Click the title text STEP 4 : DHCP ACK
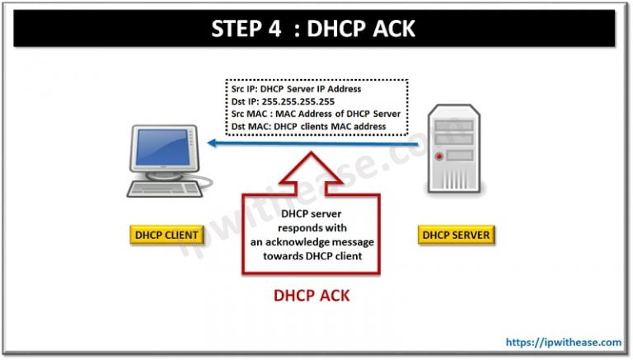click(x=316, y=28)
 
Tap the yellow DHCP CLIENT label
click(x=166, y=235)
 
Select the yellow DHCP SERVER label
click(x=457, y=235)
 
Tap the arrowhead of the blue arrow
click(x=213, y=143)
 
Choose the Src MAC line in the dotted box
click(x=316, y=113)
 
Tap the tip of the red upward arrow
click(x=311, y=154)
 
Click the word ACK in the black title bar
click(x=392, y=28)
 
